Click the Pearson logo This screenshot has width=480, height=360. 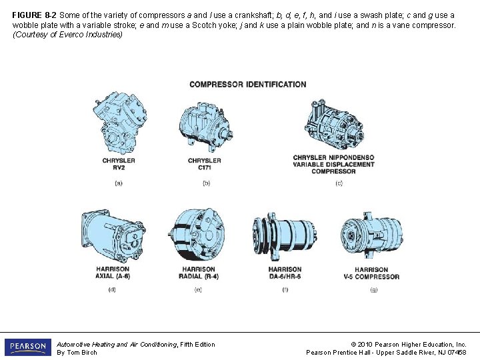pos(28,347)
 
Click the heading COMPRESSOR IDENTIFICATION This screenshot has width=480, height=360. pos(248,85)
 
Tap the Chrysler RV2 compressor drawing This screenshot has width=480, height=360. pos(120,123)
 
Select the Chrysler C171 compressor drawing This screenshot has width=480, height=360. pos(206,127)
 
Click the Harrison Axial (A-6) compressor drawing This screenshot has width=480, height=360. pos(113,236)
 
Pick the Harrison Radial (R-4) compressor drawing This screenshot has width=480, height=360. pos(196,235)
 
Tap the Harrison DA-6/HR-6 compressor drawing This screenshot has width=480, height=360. pos(285,236)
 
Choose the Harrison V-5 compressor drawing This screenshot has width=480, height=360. pos(371,235)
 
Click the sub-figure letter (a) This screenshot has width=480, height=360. pos(119,183)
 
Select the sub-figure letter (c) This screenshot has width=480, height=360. pos(339,183)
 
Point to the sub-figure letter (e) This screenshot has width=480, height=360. pos(198,289)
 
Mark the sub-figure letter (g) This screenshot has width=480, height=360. pos(374,289)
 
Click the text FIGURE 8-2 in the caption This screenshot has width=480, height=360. pos(34,15)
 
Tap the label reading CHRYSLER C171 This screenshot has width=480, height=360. pos(205,164)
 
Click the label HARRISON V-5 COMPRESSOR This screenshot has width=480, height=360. pos(371,273)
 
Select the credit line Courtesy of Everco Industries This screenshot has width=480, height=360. pos(67,34)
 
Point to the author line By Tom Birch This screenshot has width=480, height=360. pos(77,353)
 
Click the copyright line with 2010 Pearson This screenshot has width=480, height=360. pos(409,345)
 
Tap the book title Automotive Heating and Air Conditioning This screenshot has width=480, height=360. pos(117,345)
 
